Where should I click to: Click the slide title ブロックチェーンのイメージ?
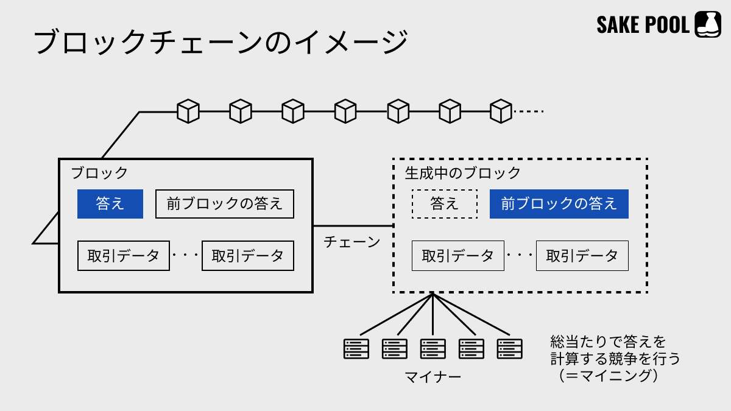coord(221,43)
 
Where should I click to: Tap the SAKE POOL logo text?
coord(643,25)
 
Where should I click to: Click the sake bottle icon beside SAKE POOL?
coord(708,25)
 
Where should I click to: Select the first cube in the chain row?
coord(188,111)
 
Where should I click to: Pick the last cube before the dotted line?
coord(501,111)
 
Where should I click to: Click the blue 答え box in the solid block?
coord(110,204)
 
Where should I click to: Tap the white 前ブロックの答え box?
coord(225,204)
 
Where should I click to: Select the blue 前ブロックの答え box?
coord(559,204)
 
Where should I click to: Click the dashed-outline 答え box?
coord(445,204)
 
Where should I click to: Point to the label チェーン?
coord(352,242)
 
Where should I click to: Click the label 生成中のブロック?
coord(463,173)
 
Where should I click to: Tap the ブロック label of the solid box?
coord(99,173)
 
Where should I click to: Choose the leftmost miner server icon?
coord(356,348)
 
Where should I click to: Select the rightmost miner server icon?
coord(510,348)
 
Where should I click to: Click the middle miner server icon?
coord(433,348)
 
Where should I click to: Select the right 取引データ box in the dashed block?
coord(582,256)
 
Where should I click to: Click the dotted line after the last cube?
coord(528,111)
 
